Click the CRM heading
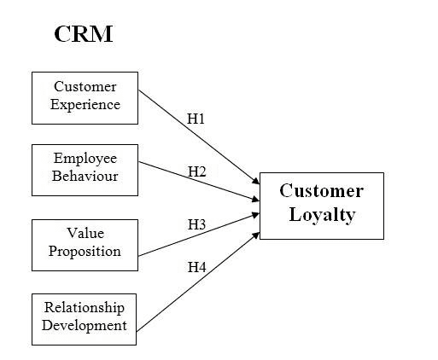[84, 34]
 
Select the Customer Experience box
[85, 98]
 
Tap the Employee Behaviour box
[85, 170]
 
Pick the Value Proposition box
[85, 245]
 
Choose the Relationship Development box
[84, 319]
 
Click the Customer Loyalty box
[322, 206]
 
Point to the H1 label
[196, 119]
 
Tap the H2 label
[196, 171]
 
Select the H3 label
[196, 224]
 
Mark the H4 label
[196, 267]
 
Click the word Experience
[85, 105]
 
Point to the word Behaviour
[85, 176]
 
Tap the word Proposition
[85, 252]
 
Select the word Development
[85, 326]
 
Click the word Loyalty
[322, 215]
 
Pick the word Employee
[85, 159]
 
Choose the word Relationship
[85, 308]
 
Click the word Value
[85, 233]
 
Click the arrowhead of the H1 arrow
[256, 181]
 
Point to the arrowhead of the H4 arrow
[256, 235]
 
